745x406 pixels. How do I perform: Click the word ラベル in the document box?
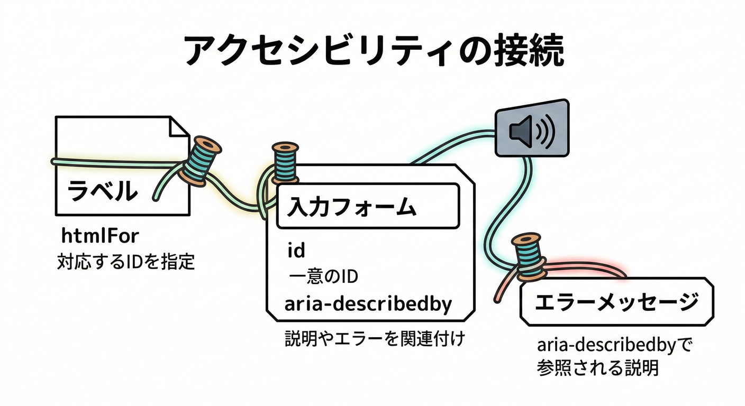tap(102, 191)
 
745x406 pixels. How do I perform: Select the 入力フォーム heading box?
tap(367, 206)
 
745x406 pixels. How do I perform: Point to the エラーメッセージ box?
tap(616, 302)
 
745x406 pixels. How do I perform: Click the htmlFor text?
tap(99, 236)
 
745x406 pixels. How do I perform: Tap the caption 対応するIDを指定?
tap(126, 262)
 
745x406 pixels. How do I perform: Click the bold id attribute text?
tap(296, 250)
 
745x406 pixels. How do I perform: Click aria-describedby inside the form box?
tap(368, 304)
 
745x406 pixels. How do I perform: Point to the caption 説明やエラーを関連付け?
tap(374, 338)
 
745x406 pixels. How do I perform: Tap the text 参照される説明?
tap(597, 368)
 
